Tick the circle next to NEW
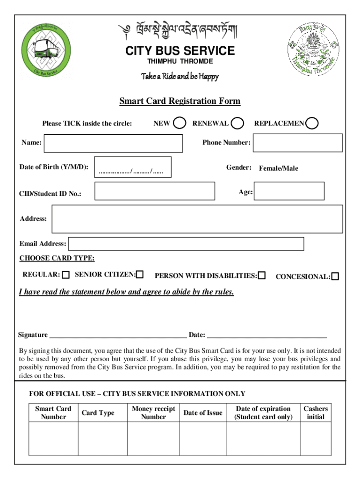click(179, 123)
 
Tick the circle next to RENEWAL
click(238, 123)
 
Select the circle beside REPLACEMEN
click(312, 123)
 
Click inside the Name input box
click(113, 143)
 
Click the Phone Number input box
click(297, 143)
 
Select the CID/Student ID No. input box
click(155, 191)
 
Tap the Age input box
click(289, 191)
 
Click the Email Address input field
click(186, 244)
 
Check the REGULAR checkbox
click(66, 275)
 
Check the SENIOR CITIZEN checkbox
click(140, 275)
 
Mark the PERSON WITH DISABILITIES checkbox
click(262, 276)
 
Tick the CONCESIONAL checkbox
click(335, 276)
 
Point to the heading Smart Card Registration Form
click(180, 101)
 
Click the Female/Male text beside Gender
click(278, 168)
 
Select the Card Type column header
click(98, 413)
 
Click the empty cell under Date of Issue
click(202, 438)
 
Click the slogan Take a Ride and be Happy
click(180, 76)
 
